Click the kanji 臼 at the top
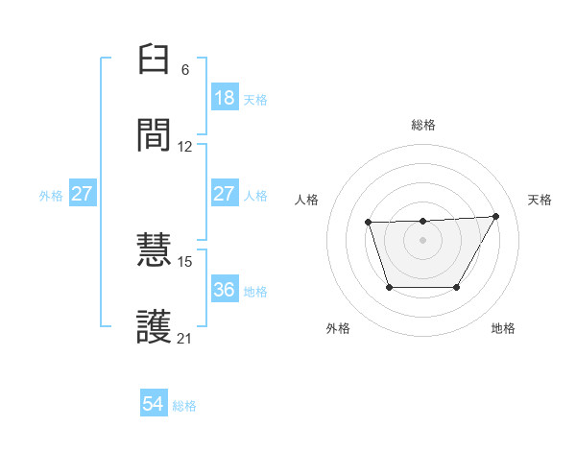point(155,61)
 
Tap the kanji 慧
point(155,251)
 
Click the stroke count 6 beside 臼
point(185,70)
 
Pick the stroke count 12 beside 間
point(185,147)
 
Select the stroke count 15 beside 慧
point(185,261)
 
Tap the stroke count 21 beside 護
point(185,338)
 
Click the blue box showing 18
point(225,98)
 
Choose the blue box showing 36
point(225,290)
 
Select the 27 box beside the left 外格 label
point(83,194)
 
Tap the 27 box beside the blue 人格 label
point(225,194)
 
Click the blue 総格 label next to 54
point(184,406)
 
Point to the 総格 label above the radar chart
point(423,125)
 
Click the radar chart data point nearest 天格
point(495,216)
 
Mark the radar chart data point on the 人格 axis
point(369,223)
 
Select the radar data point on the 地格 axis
point(457,287)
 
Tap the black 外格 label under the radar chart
point(338,328)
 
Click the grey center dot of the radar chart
point(423,240)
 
